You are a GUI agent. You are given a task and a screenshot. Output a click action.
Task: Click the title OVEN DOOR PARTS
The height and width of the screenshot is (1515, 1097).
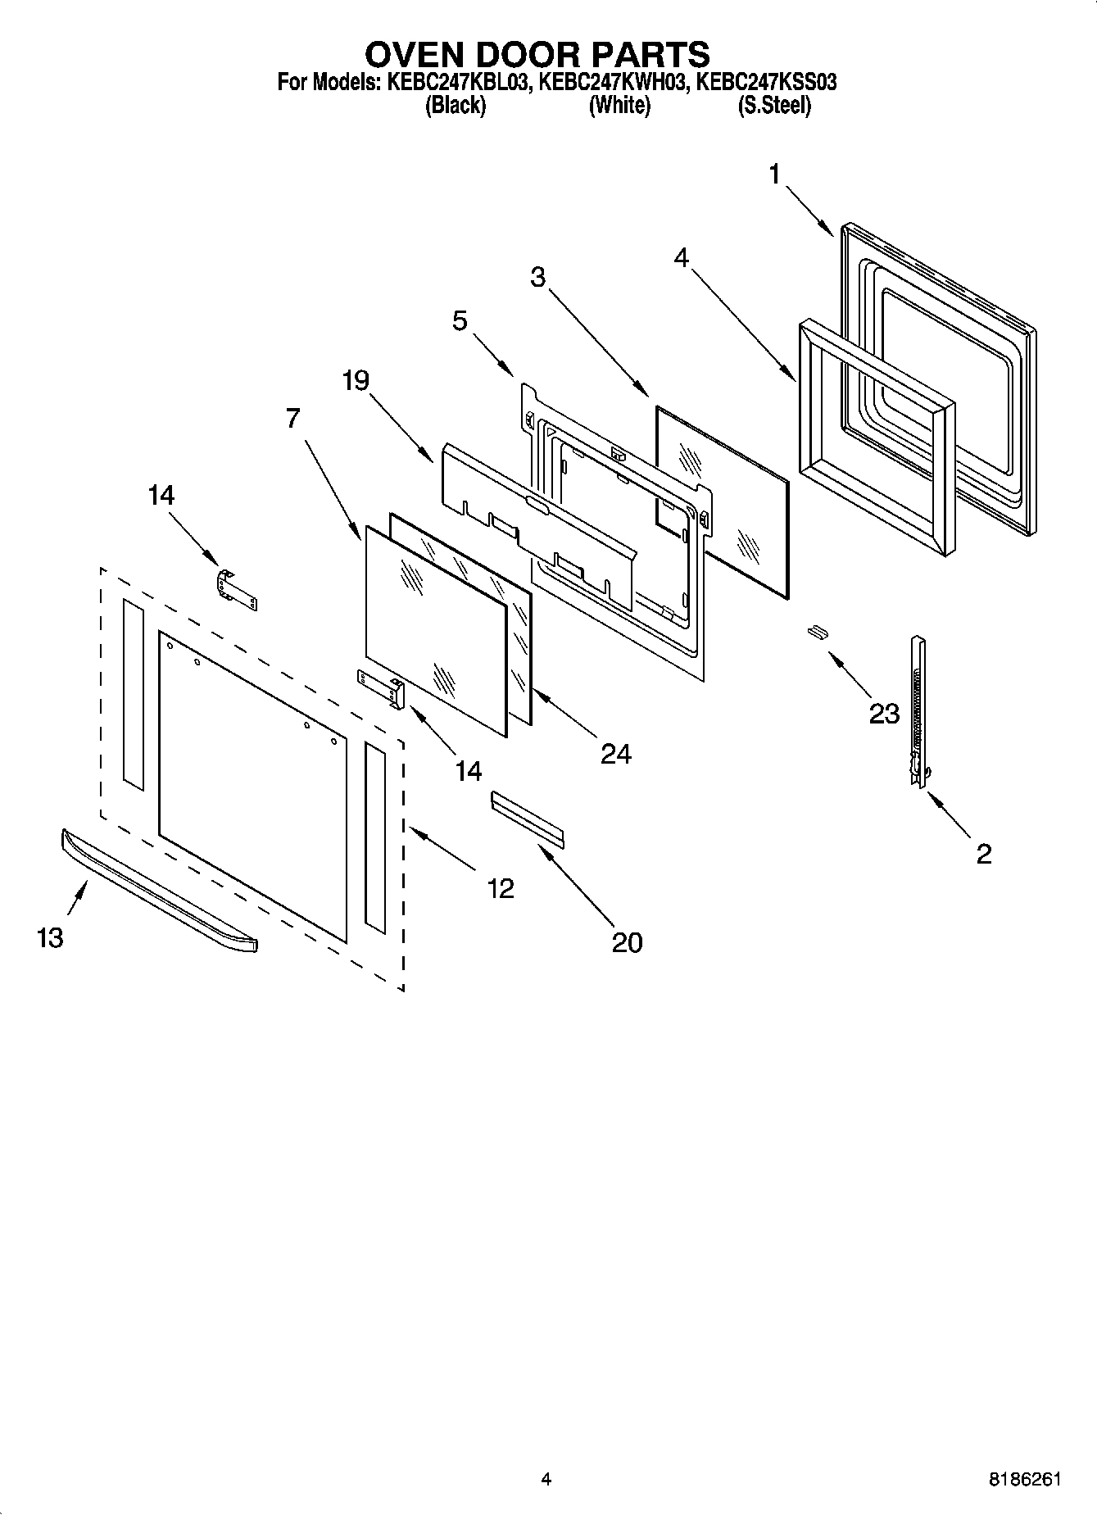[x=537, y=54]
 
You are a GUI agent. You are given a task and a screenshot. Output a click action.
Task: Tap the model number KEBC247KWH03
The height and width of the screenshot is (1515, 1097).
[x=612, y=83]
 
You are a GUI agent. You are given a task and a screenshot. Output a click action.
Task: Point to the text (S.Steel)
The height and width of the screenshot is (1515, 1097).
[x=773, y=106]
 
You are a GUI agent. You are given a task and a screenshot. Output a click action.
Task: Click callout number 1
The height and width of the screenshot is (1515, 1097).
[x=773, y=175]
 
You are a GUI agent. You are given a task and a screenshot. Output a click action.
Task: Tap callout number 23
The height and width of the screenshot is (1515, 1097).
[x=884, y=714]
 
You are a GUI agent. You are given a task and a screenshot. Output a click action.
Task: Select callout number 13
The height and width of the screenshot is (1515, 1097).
[x=50, y=937]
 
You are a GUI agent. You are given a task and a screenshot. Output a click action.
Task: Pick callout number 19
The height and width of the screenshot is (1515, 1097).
[x=356, y=380]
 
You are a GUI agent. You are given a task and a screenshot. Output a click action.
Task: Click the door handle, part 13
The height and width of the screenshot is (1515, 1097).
[x=156, y=891]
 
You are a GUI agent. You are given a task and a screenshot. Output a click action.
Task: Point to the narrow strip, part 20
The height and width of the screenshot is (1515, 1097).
[x=528, y=817]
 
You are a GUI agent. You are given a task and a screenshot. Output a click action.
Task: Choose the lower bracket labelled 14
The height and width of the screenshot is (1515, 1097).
[x=381, y=687]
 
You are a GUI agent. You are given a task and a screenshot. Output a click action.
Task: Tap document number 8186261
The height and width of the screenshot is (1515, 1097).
[x=1025, y=1480]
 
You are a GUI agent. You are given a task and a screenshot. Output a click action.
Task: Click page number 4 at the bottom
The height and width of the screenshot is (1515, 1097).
[x=546, y=1480]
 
